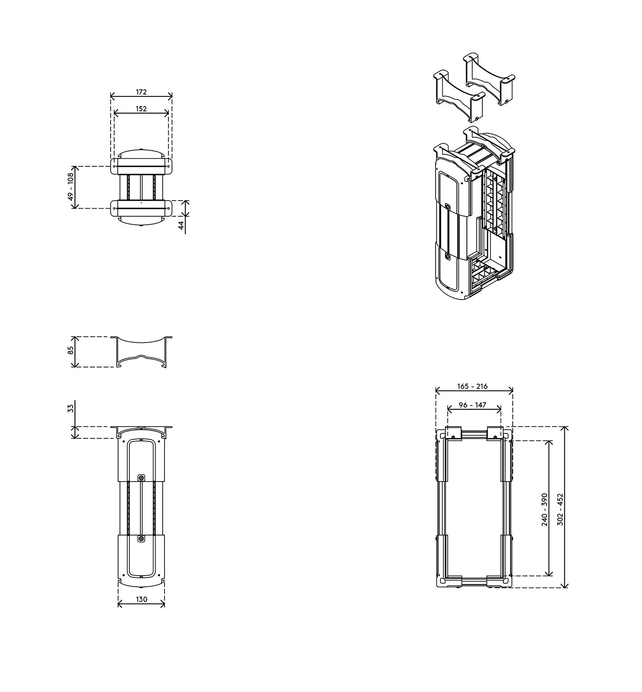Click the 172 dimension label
point(141,92)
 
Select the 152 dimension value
point(141,109)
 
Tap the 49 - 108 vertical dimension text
point(71,187)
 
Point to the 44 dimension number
point(181,225)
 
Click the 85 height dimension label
point(70,350)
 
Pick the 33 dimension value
point(70,408)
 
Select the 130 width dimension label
point(141,599)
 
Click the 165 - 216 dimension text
point(473,386)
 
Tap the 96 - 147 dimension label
point(473,405)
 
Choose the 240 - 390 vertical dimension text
point(544,510)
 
